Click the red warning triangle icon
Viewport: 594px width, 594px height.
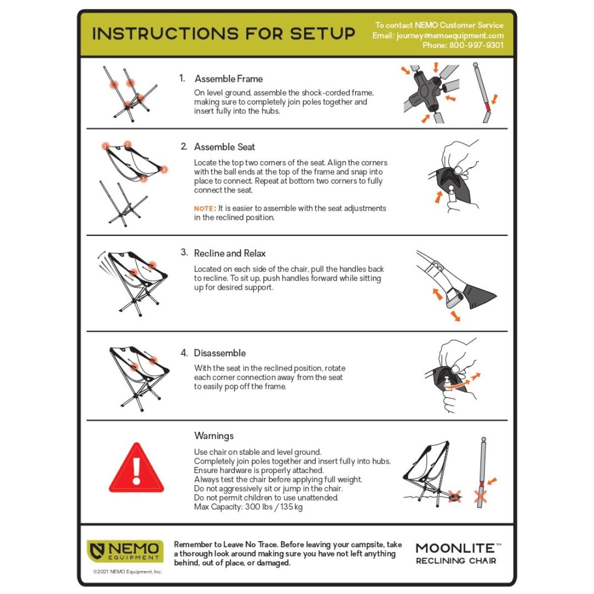[x=136, y=469]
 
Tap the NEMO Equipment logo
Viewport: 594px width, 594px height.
[x=125, y=551]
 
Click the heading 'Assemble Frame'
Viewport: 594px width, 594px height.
[x=229, y=79]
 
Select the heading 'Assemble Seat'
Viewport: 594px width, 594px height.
[x=224, y=147]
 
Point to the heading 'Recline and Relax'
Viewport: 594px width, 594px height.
[x=229, y=253]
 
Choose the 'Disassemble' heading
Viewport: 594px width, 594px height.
[x=219, y=353]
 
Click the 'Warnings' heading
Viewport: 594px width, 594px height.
[x=214, y=436]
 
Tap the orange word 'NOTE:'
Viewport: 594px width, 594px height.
[x=205, y=209]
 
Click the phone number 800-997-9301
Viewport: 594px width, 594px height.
[x=476, y=46]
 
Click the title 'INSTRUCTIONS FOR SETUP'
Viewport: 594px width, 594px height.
[x=224, y=34]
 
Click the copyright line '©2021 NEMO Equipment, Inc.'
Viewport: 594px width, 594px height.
[x=128, y=571]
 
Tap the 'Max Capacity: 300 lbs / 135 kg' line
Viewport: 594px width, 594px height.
[x=248, y=507]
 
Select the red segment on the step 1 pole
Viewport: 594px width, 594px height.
[x=488, y=107]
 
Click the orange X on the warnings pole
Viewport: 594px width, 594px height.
[x=481, y=496]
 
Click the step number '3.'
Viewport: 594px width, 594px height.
[x=184, y=252]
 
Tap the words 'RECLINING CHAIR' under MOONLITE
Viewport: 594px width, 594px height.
[x=456, y=560]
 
